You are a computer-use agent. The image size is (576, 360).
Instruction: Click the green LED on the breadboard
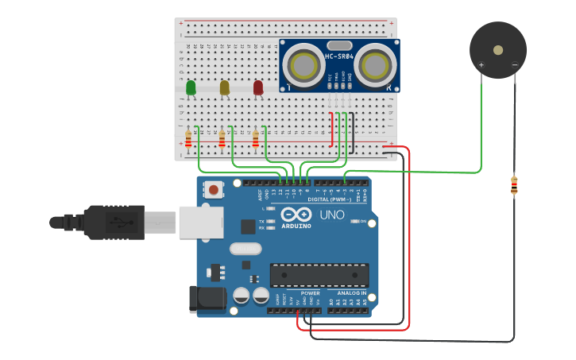(191, 87)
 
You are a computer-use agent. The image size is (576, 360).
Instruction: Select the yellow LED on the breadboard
(225, 87)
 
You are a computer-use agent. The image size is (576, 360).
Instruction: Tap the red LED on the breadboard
(258, 87)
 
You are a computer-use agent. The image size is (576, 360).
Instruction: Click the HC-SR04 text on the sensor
(339, 56)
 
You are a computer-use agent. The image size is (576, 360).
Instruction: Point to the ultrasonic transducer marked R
(375, 64)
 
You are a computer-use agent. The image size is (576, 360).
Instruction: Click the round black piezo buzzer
(498, 50)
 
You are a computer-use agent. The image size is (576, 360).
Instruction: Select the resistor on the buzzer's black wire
(514, 185)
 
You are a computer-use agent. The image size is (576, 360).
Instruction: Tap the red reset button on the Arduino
(213, 190)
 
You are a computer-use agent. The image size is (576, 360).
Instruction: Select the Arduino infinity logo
(295, 215)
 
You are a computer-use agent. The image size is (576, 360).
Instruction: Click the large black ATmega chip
(319, 275)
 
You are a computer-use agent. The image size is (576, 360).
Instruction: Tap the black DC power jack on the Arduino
(205, 298)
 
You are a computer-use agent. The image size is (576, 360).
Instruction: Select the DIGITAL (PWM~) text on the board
(330, 199)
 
